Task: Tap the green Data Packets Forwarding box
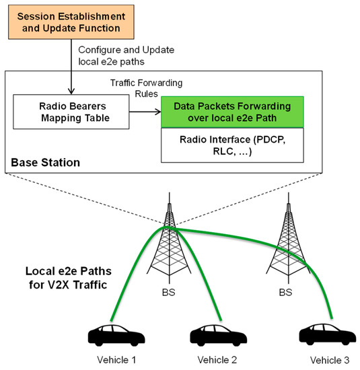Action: (232, 112)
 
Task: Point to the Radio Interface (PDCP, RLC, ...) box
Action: (232, 145)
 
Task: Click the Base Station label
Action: (44, 163)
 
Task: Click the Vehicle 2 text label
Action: (217, 359)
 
